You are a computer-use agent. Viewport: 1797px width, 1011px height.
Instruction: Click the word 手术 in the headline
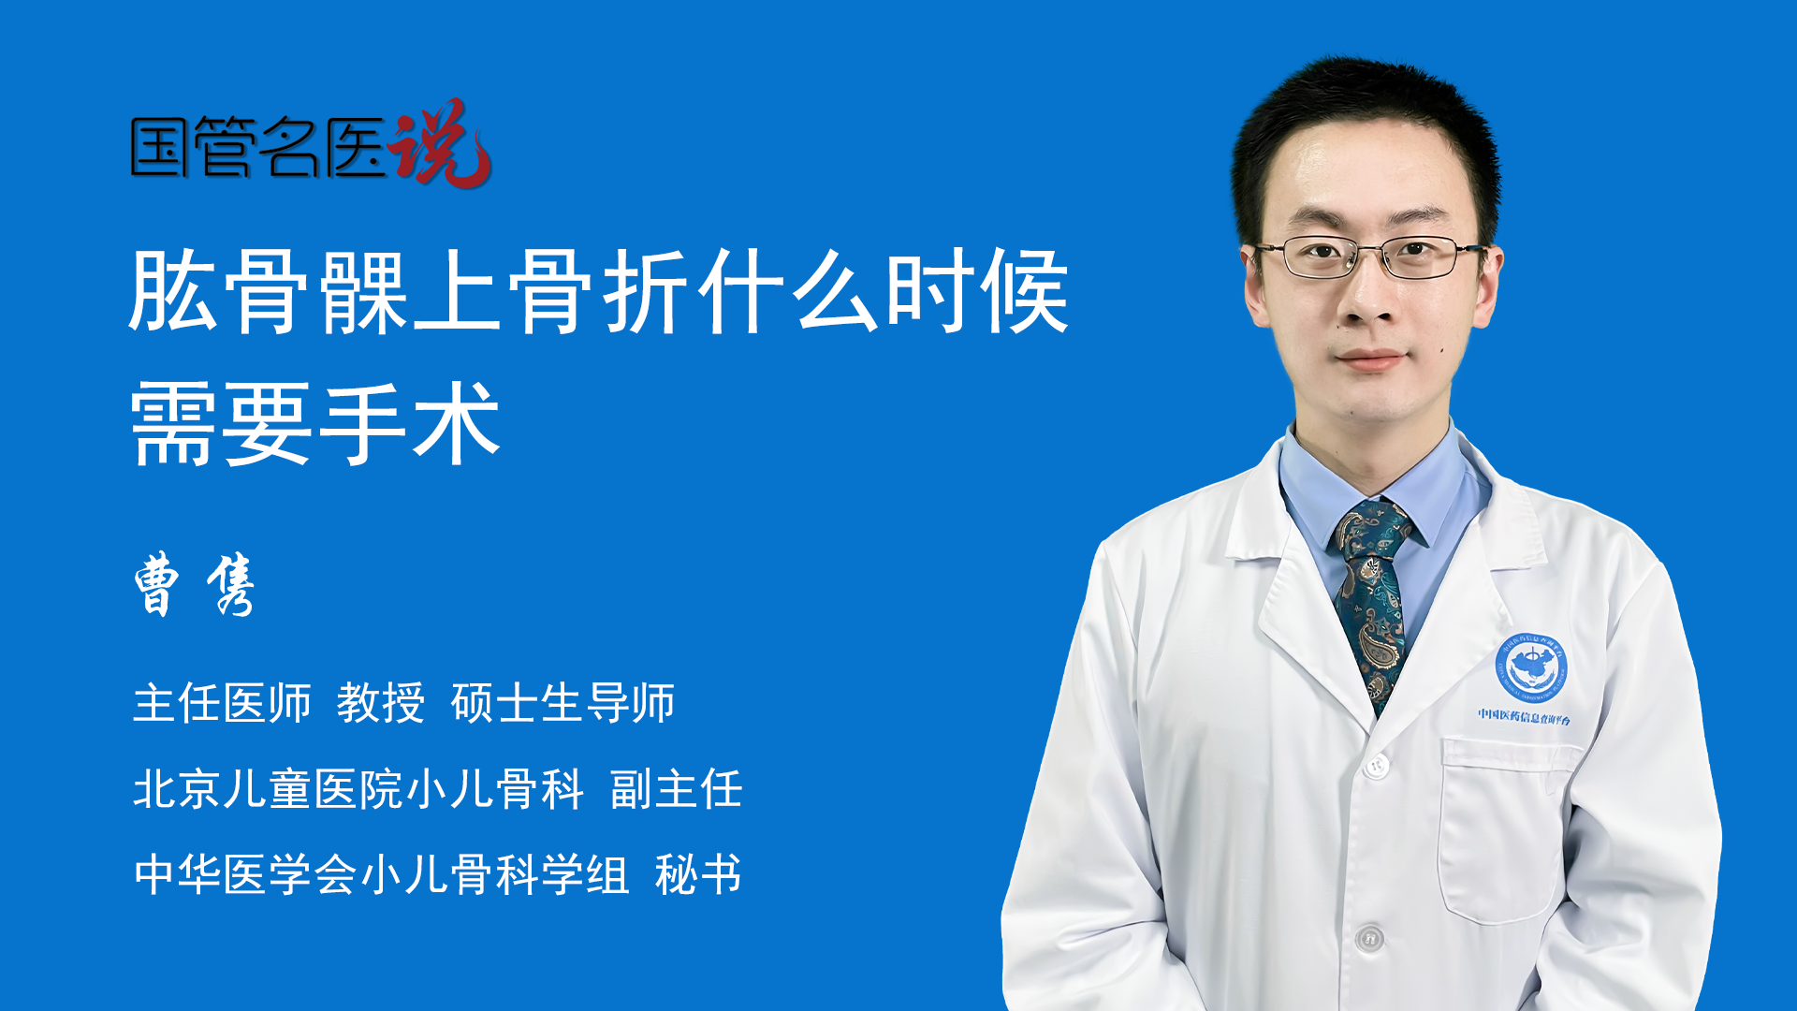(x=410, y=423)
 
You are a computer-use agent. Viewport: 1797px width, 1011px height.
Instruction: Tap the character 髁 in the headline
(x=364, y=291)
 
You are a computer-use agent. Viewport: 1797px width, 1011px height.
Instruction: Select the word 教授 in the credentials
(x=380, y=702)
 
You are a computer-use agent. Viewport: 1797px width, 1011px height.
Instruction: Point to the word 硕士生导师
(x=562, y=702)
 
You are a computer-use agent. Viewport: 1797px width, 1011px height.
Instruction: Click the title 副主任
(x=677, y=788)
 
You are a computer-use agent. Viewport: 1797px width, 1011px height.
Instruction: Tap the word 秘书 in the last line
(x=698, y=874)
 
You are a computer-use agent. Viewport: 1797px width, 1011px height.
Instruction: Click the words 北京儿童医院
(x=268, y=788)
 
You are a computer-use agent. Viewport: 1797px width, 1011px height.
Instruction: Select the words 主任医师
(x=222, y=702)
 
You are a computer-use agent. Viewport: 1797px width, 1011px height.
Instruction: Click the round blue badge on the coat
(x=1530, y=667)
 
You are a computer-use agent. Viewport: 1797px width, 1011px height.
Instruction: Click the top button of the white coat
(x=1375, y=766)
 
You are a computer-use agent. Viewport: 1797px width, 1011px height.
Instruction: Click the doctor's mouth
(x=1371, y=359)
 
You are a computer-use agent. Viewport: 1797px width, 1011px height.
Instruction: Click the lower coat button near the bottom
(x=1369, y=937)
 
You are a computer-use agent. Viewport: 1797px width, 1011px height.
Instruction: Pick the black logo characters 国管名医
(x=258, y=148)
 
